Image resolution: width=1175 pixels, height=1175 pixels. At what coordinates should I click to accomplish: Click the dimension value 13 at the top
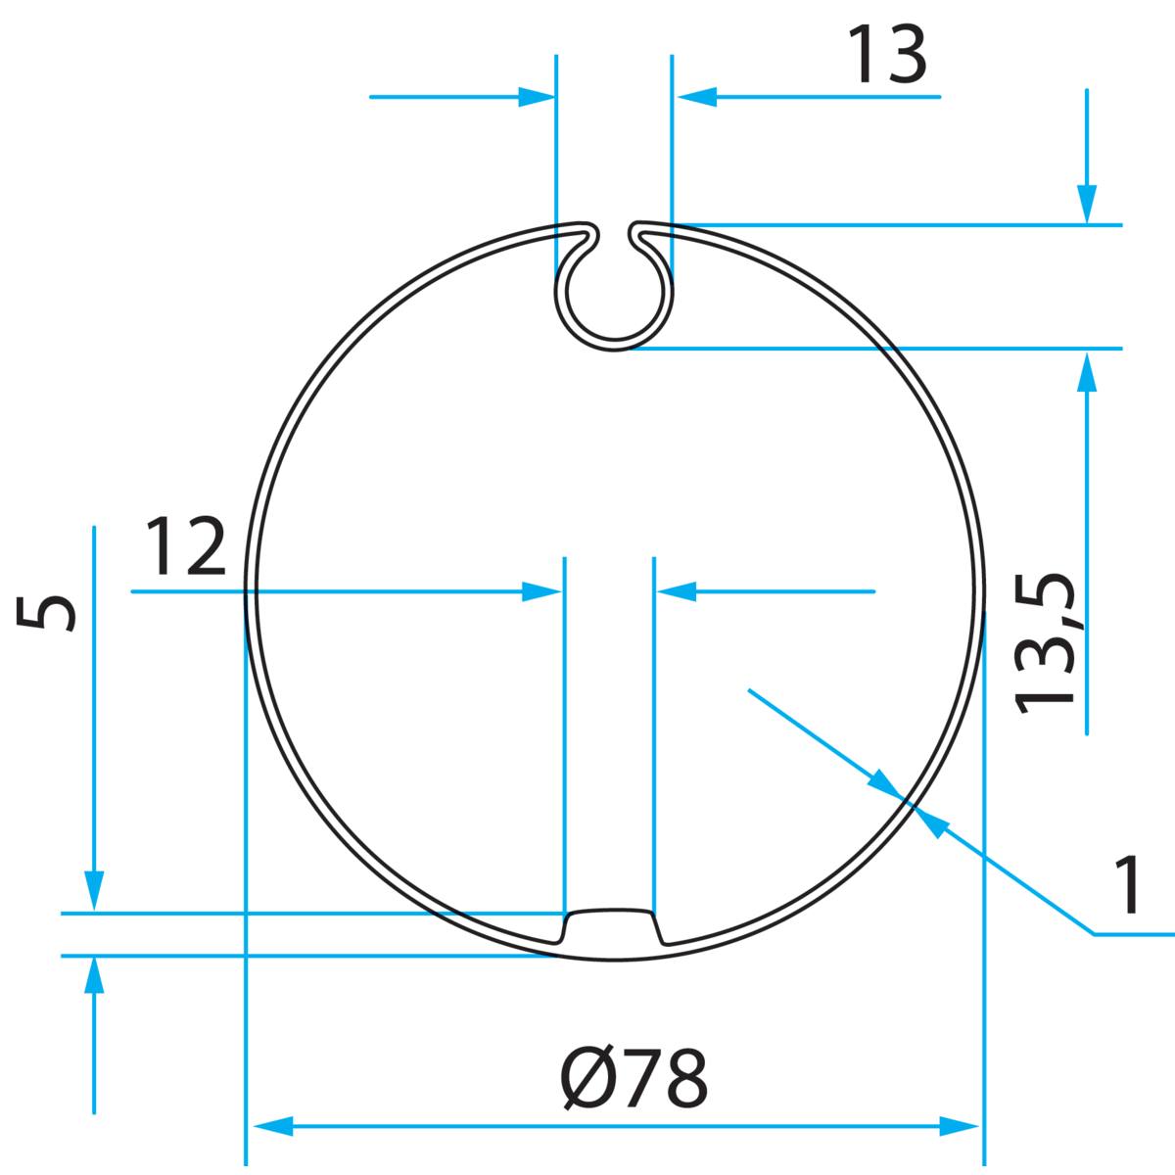pos(886,56)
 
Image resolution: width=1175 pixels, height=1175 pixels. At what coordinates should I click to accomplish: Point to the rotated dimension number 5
pos(47,614)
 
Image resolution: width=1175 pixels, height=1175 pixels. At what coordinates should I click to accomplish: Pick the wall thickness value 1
pos(1128,884)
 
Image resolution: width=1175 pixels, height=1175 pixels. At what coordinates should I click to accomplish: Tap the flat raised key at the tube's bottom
pos(613,925)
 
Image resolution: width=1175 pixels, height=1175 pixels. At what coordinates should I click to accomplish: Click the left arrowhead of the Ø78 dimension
pos(274,1126)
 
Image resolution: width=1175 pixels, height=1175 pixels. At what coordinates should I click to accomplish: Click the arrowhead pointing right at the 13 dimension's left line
pos(537,97)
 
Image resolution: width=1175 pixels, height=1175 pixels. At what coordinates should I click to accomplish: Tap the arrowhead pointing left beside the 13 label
pos(696,97)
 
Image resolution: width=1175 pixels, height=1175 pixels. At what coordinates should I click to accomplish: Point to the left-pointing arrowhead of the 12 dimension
pos(676,591)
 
